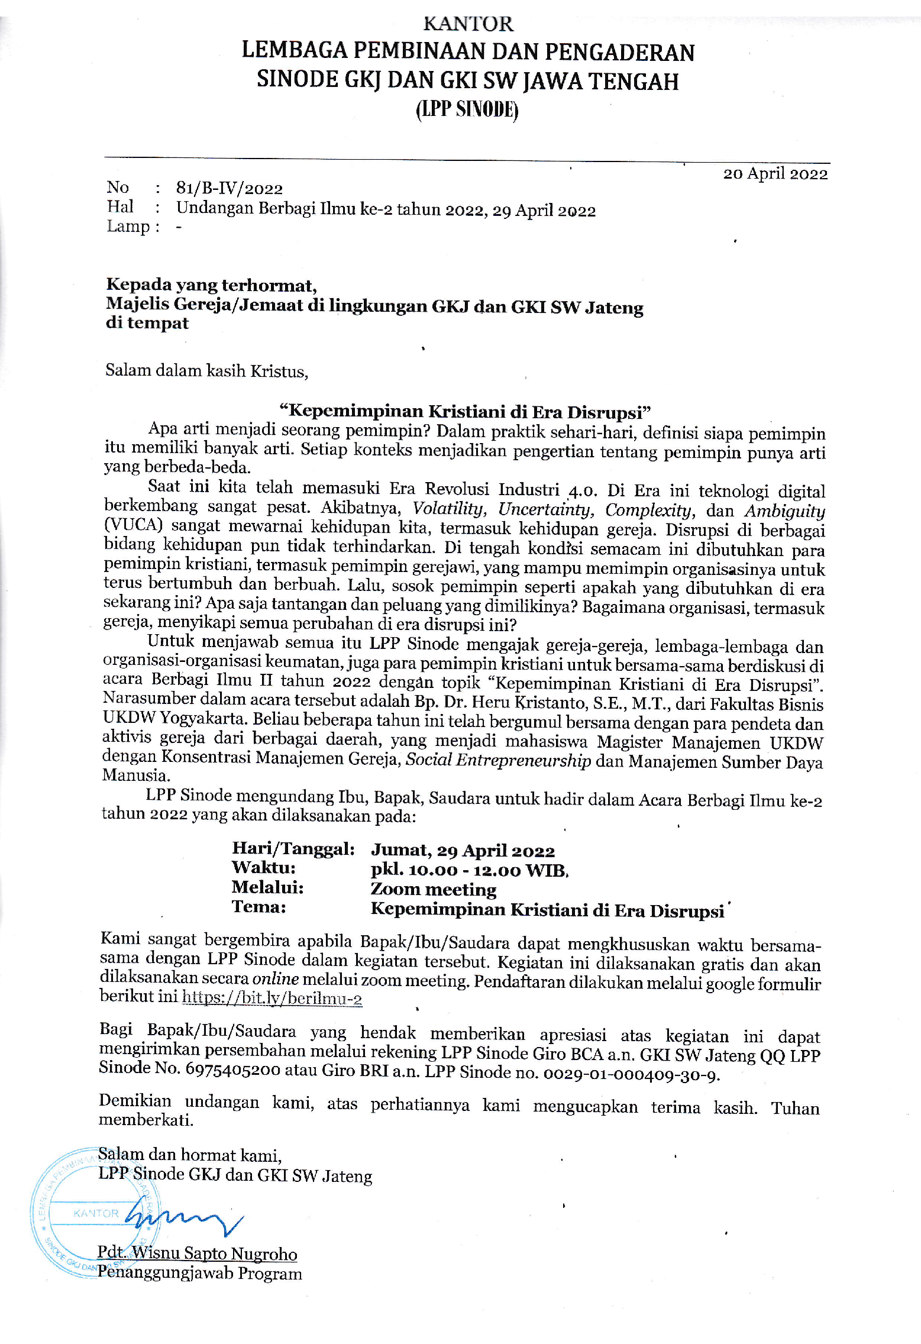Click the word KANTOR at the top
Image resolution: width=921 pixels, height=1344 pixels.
[468, 24]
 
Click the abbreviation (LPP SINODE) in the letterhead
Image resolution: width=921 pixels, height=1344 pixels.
[467, 109]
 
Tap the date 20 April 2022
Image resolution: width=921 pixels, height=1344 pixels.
[775, 174]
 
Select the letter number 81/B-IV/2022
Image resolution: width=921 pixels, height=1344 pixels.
[230, 189]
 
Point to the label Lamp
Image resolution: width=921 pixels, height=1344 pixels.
[128, 227]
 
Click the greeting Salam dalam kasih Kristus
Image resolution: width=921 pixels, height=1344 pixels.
[206, 371]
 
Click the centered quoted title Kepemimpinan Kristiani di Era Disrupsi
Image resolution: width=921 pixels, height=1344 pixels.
[465, 412]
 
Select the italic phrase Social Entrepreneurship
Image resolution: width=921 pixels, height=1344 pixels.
[498, 761]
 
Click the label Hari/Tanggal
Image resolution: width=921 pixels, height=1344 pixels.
[293, 849]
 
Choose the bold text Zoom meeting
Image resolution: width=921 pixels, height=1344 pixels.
[434, 889]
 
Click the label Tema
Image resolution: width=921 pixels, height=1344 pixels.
[259, 907]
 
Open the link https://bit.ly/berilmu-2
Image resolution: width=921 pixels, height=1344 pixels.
[272, 999]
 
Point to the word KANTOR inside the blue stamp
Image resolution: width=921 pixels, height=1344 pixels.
[96, 1213]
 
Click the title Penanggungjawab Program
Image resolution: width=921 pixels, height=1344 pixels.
[200, 1273]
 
